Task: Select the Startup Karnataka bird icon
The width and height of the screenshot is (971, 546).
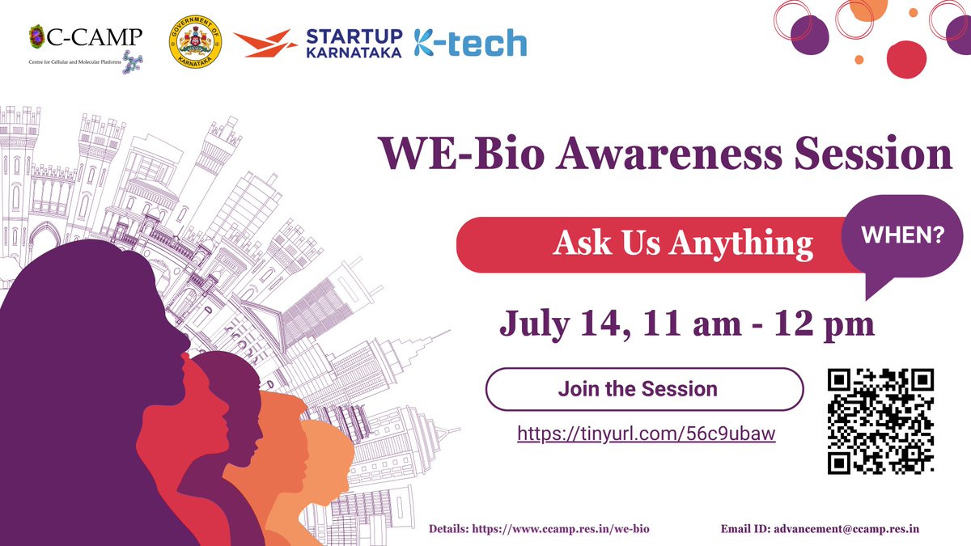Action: (265, 43)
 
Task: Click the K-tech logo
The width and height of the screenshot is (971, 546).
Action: (470, 43)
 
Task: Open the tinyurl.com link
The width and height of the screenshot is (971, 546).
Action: (646, 434)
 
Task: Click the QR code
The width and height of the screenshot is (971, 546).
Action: (881, 421)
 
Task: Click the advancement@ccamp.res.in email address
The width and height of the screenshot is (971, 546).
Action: (849, 529)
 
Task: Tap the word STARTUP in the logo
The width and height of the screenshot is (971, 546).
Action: (354, 36)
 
